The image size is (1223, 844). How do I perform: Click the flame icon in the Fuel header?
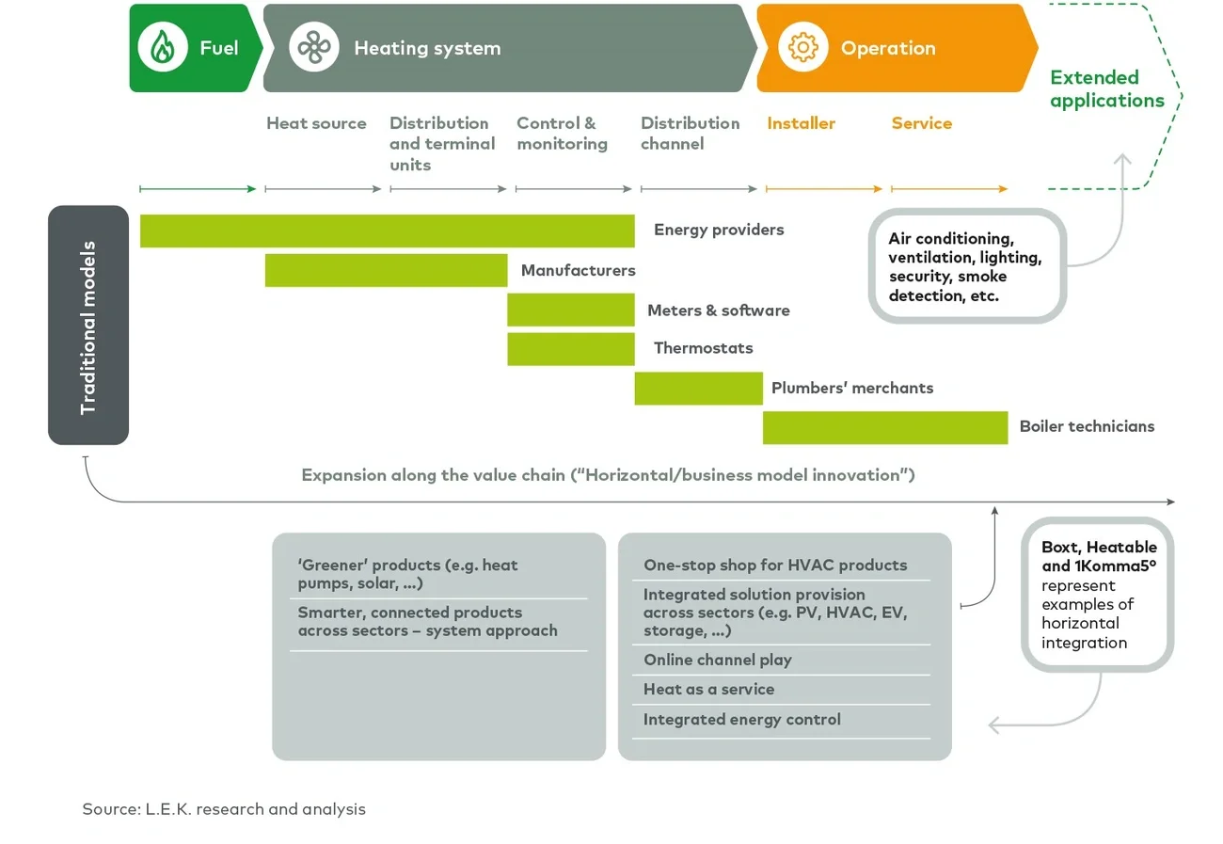tap(163, 47)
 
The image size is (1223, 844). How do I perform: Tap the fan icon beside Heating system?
tap(313, 47)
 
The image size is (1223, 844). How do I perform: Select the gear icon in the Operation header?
tap(802, 47)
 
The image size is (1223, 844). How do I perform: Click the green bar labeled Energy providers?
tap(387, 231)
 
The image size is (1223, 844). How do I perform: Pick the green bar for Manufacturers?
tap(386, 270)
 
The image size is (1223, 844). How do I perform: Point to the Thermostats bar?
tap(570, 348)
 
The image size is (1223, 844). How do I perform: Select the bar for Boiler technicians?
tap(884, 427)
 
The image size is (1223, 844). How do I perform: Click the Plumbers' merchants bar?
tap(698, 388)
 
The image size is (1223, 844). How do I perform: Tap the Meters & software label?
tap(718, 311)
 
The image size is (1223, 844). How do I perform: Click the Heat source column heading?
tap(316, 123)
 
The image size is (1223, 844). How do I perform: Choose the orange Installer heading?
tap(801, 123)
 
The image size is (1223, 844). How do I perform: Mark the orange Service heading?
tap(921, 123)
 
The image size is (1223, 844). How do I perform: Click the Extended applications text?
tap(1106, 89)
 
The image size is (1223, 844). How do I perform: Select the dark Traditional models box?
tap(88, 326)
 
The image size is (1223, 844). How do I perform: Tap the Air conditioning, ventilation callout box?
tap(966, 266)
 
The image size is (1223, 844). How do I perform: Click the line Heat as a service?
tap(708, 690)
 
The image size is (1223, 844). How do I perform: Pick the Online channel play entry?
tap(717, 660)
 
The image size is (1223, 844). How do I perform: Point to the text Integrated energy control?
tap(741, 720)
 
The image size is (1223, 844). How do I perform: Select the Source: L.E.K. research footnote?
tap(224, 808)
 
